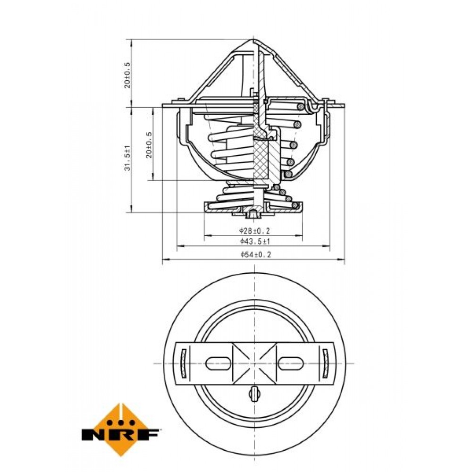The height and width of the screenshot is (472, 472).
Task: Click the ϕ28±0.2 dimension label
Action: pos(255,231)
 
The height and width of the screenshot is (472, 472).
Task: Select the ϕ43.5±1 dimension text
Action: pos(255,241)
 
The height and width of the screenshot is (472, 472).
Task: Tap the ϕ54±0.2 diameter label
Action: pos(255,254)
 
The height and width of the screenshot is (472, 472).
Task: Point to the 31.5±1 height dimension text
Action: pos(127,158)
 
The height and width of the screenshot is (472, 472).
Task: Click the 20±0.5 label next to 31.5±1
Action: pos(149,145)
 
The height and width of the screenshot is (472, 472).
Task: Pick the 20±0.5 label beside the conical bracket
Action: pos(127,75)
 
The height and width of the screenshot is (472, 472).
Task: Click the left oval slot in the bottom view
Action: pos(218,363)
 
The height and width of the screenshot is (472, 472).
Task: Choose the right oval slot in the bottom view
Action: pos(290,363)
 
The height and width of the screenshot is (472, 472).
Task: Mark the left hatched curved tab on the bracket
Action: pos(183,363)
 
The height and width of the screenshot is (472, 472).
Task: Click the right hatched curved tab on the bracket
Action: pos(326,363)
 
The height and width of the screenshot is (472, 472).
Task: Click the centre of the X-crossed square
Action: pos(255,363)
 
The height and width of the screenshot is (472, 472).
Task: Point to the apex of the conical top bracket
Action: pos(253,40)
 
